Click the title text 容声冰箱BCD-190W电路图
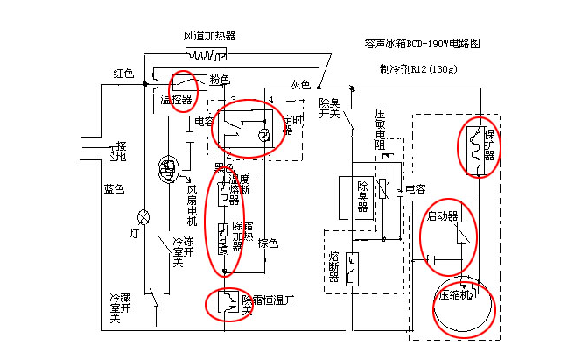(x=422, y=43)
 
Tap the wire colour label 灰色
(x=301, y=84)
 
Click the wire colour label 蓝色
(x=114, y=188)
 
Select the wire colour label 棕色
(x=268, y=243)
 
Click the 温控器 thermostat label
(x=176, y=100)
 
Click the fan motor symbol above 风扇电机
(x=166, y=166)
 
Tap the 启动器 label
(x=442, y=215)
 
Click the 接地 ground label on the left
(x=121, y=151)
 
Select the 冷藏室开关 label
(x=115, y=308)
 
